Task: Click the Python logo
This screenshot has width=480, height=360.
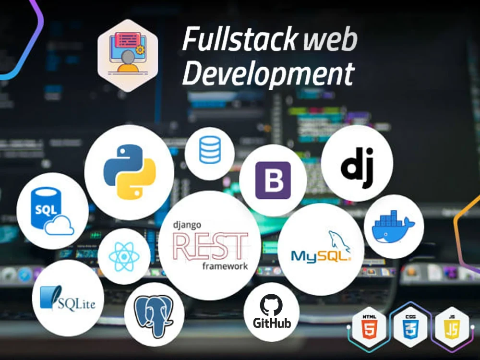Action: pos(129,172)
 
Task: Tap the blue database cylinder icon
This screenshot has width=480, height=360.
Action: pos(210,150)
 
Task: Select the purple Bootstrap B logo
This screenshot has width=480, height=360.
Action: pos(273,180)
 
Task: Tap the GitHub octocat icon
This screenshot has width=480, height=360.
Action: pos(271,305)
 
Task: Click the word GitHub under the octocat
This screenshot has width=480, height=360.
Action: pos(272,323)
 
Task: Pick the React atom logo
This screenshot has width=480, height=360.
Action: pos(124,256)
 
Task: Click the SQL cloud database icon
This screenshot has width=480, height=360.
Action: pos(52,211)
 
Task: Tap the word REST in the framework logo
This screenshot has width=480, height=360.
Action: pos(210,246)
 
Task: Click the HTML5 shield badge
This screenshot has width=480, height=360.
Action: pos(369,327)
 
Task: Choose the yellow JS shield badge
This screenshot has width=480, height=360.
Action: pos(452,327)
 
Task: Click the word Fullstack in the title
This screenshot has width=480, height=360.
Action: pos(240,39)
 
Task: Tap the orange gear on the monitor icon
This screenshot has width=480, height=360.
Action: pos(140,49)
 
